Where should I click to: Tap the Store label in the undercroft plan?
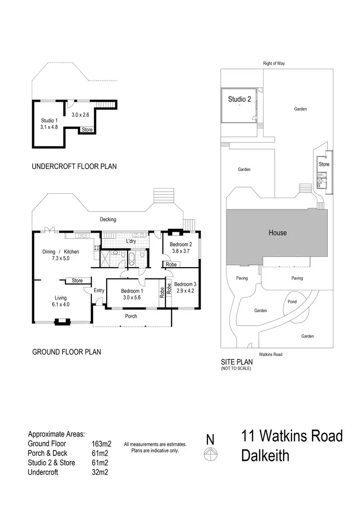click(x=87, y=130)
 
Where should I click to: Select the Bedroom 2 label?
click(x=181, y=244)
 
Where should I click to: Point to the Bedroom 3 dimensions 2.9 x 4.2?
click(x=185, y=291)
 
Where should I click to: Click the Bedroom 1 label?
click(x=132, y=291)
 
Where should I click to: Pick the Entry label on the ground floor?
click(x=99, y=290)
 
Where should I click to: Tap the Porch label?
click(x=131, y=316)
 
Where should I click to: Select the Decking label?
click(x=108, y=219)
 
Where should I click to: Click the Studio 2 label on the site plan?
click(x=240, y=100)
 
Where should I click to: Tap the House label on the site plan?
click(x=277, y=233)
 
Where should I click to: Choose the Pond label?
click(x=292, y=302)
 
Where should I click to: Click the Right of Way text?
click(x=274, y=63)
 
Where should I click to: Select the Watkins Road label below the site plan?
click(x=270, y=355)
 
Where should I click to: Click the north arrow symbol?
click(x=210, y=454)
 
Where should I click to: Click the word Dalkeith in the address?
click(x=265, y=455)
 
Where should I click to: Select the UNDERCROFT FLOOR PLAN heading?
click(x=74, y=167)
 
